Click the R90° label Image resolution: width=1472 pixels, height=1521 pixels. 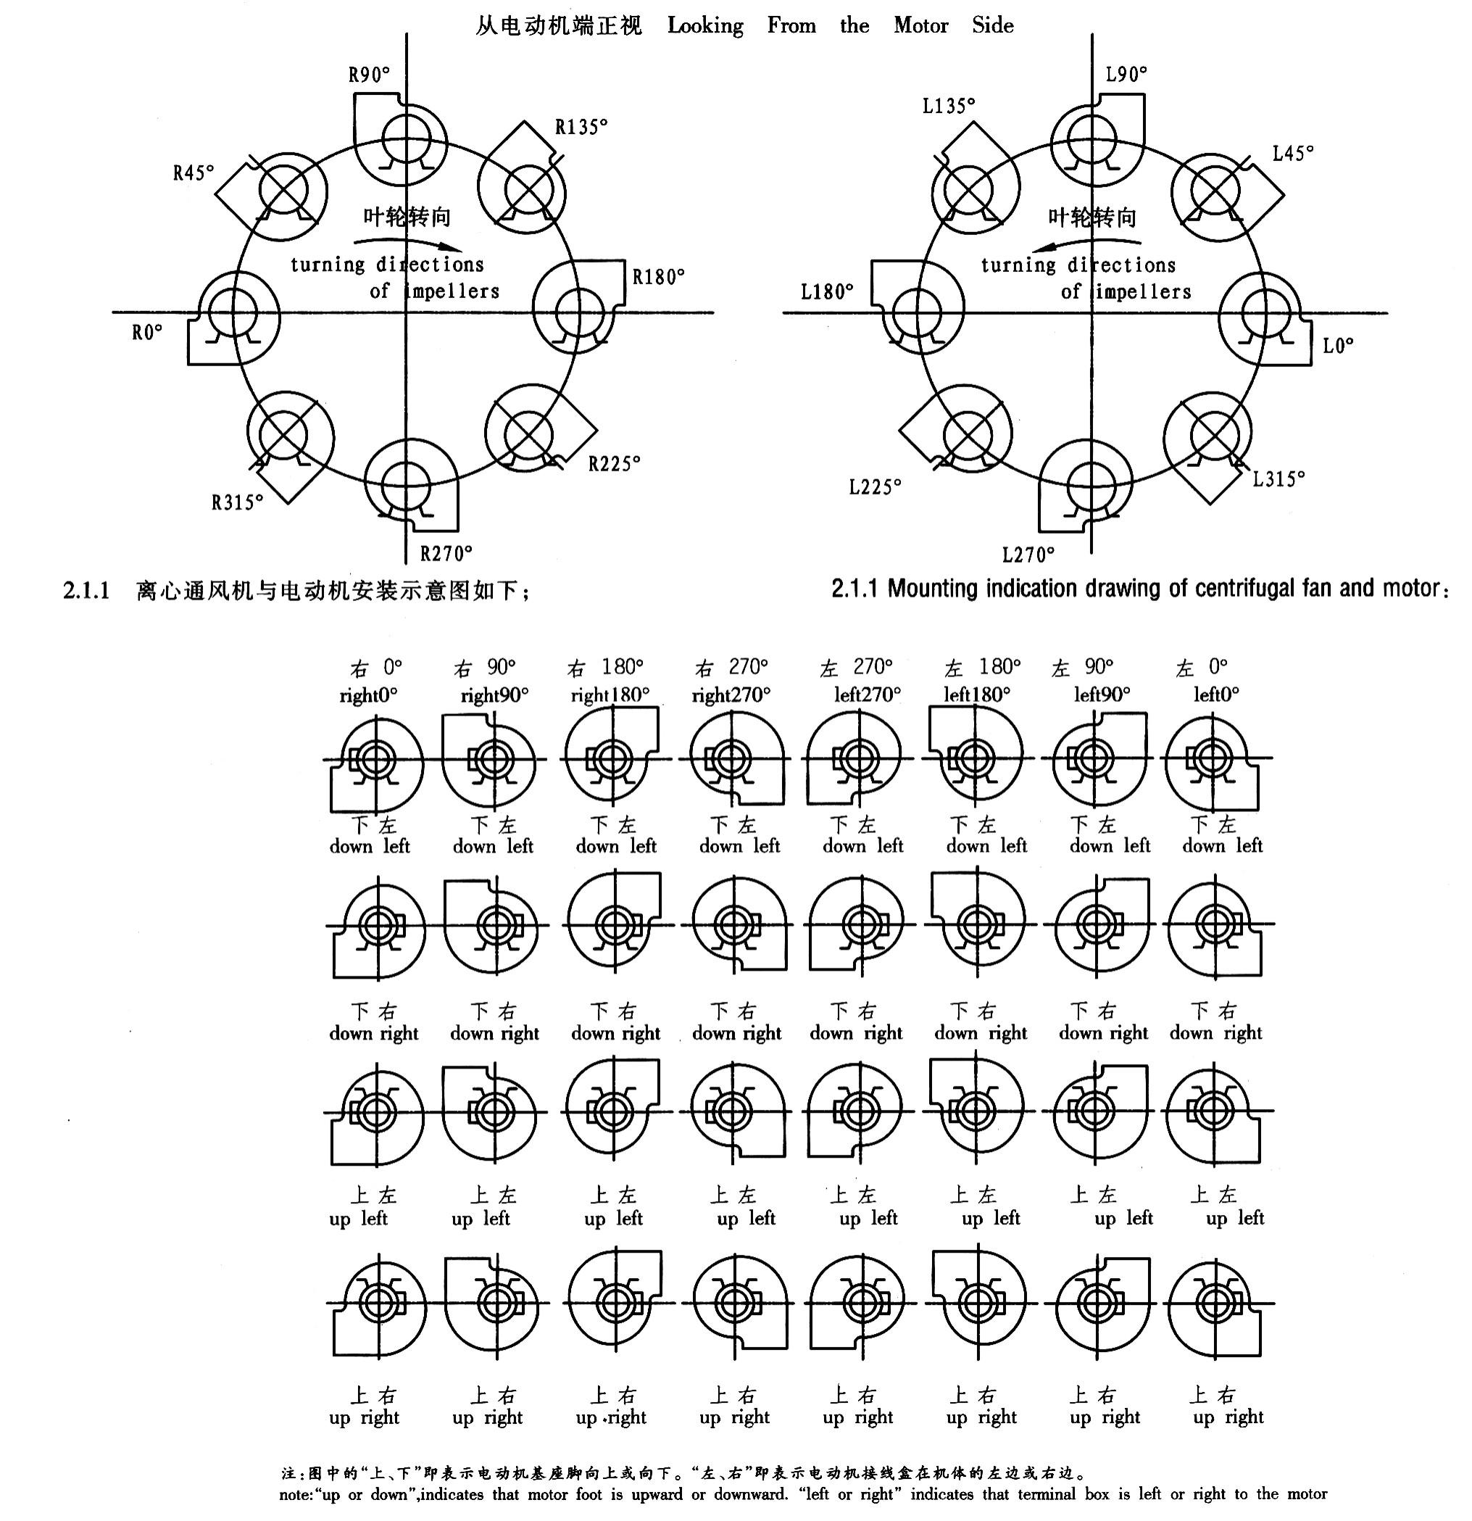click(369, 75)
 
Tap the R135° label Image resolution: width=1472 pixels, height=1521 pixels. click(581, 126)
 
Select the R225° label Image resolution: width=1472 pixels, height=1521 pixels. click(614, 464)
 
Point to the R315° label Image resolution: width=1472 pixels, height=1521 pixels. click(238, 503)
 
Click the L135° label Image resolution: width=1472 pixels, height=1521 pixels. click(948, 106)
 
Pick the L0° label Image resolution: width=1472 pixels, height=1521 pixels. click(1338, 346)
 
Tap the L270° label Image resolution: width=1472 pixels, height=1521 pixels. click(1028, 555)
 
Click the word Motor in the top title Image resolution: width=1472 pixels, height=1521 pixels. click(920, 25)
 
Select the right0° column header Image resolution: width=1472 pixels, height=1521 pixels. click(369, 695)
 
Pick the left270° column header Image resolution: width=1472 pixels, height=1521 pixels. click(868, 695)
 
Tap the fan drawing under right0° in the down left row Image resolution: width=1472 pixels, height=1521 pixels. click(375, 765)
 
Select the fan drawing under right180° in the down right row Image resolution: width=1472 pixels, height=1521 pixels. click(614, 924)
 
